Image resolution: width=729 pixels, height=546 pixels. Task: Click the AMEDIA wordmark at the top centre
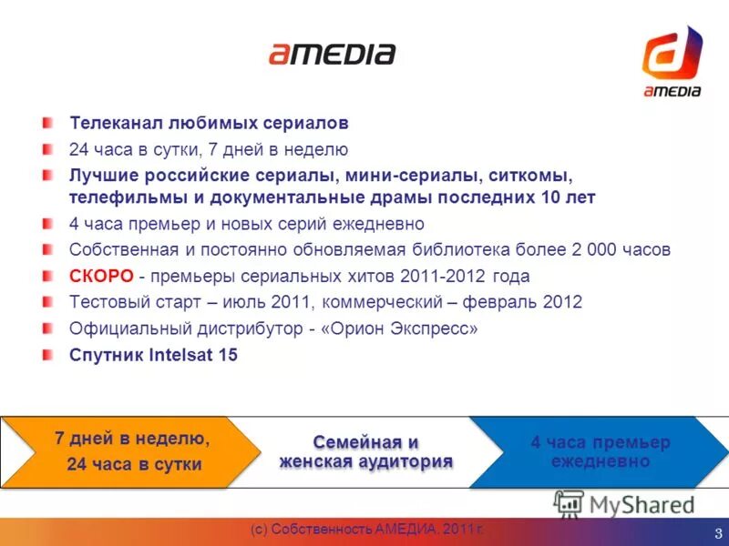[332, 54]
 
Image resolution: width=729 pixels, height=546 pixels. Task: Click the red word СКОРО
[102, 276]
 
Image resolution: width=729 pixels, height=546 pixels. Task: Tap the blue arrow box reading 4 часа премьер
[601, 451]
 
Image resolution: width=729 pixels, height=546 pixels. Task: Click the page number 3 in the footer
[718, 533]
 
